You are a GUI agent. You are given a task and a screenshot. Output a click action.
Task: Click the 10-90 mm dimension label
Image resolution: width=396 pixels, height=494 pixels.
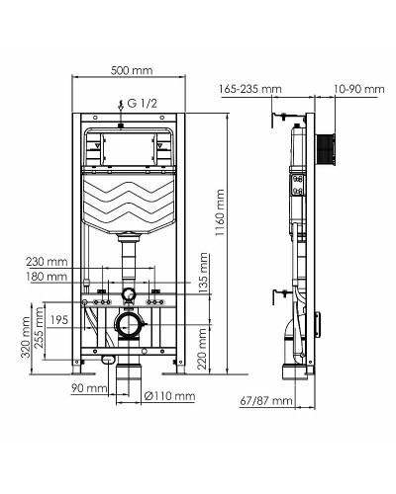359,90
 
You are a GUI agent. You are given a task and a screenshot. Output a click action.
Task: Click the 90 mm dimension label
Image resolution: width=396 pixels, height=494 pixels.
89,387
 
